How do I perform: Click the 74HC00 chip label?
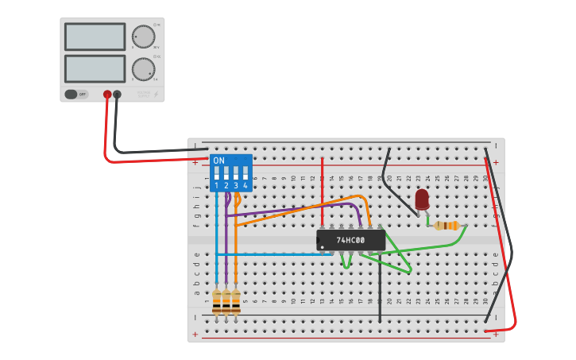[x=350, y=240]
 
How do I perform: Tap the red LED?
[x=422, y=199]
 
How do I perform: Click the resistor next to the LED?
[x=449, y=226]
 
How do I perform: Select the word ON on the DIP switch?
[x=218, y=161]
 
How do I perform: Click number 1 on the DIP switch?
[x=216, y=186]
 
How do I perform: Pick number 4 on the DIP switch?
[x=245, y=186]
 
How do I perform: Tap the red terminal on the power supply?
[x=107, y=95]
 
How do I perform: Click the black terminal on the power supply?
[x=118, y=95]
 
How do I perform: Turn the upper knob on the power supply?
[x=143, y=37]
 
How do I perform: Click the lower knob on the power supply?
[x=143, y=69]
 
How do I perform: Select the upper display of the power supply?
[x=95, y=37]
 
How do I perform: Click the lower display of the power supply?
[x=95, y=68]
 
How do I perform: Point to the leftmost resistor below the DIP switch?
[x=217, y=301]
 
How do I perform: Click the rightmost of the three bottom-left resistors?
[x=236, y=301]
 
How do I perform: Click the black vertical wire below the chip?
[x=380, y=290]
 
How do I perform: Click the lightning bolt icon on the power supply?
[x=156, y=95]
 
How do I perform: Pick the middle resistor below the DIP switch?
[x=226, y=301]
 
